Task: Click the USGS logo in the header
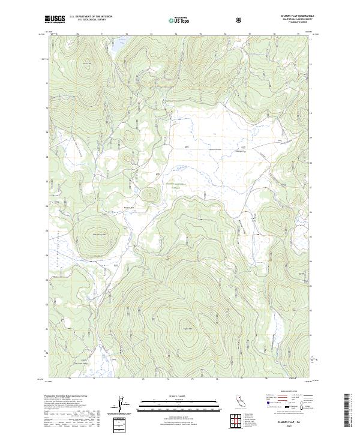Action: pos(55,19)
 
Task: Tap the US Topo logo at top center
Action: pos(180,19)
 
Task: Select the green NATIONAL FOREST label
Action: pos(175,185)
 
